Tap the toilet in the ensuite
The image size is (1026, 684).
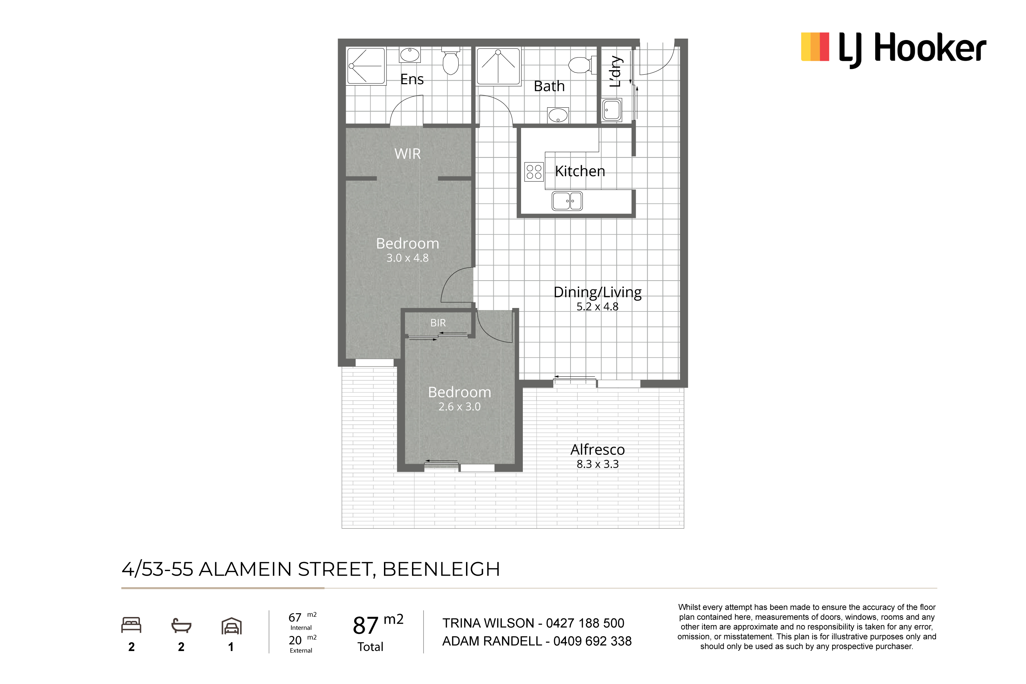tap(451, 61)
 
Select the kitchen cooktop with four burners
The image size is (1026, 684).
tap(534, 172)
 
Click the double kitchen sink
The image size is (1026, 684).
tap(567, 201)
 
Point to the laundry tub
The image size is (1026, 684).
tap(611, 110)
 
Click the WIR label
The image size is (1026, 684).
tap(407, 154)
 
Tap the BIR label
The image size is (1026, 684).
tap(438, 323)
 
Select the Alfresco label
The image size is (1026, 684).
tap(598, 449)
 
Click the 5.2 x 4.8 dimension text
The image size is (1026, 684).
tap(598, 307)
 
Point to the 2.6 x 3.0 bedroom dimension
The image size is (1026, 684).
tap(459, 407)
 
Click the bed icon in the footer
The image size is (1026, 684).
tap(131, 625)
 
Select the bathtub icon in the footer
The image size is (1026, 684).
tap(181, 625)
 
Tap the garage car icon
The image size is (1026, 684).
tap(231, 626)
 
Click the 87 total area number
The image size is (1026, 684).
tap(365, 625)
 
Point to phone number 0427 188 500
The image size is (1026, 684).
tap(585, 623)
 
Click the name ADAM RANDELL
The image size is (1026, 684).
tap(492, 641)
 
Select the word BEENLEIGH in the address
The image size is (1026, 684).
tap(441, 569)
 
